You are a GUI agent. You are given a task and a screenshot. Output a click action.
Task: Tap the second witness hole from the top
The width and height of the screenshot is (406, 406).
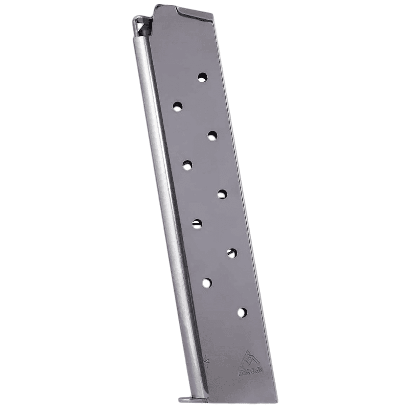[x=177, y=107]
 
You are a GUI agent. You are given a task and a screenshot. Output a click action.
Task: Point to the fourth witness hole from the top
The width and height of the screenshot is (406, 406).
[x=187, y=165]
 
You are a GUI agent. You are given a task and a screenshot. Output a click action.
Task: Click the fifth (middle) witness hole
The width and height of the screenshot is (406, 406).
[x=222, y=194]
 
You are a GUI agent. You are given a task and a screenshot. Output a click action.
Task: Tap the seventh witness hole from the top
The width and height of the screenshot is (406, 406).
[x=232, y=252]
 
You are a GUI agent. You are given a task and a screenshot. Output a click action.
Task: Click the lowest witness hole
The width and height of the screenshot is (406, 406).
[x=242, y=312]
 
